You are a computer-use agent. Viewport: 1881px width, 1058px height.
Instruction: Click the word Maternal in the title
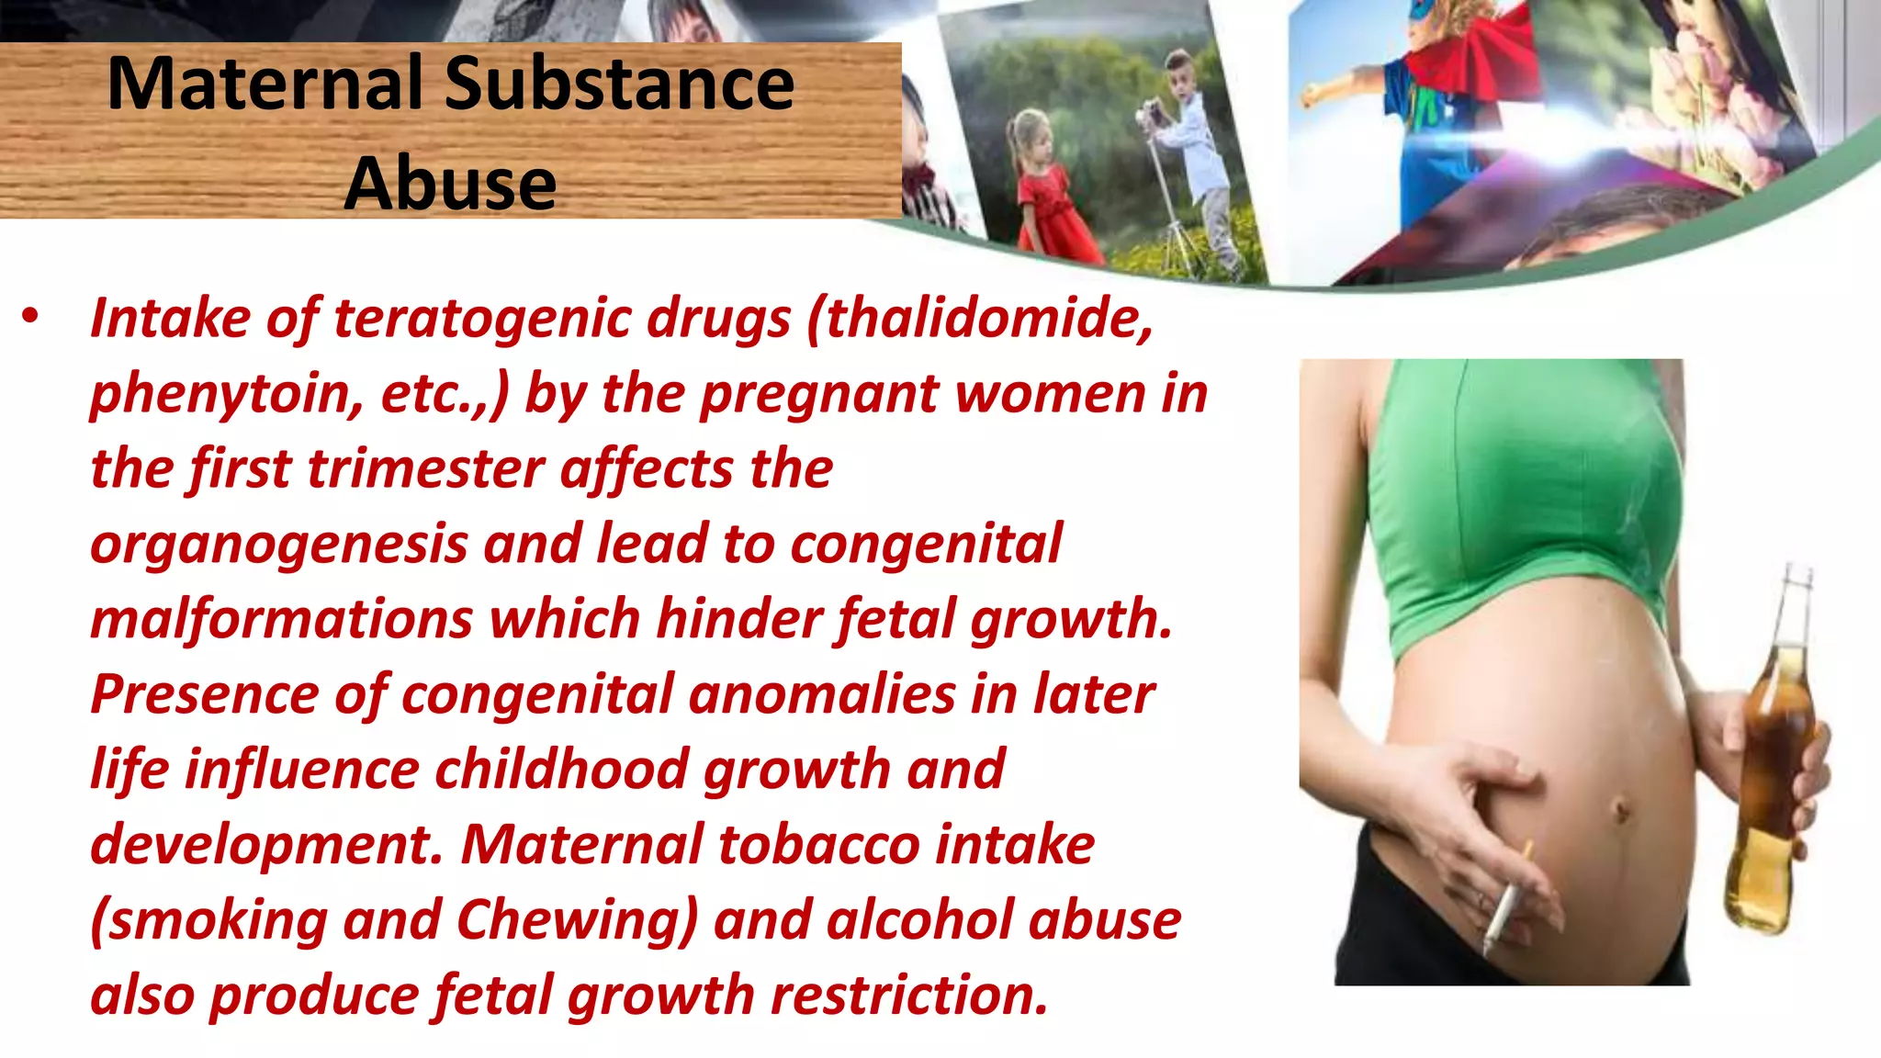click(x=266, y=84)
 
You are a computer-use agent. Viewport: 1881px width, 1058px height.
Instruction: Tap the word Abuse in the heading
click(x=450, y=184)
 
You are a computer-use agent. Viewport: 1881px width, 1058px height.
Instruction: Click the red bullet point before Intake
click(x=31, y=317)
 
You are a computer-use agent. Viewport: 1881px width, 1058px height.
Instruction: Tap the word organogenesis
click(x=279, y=545)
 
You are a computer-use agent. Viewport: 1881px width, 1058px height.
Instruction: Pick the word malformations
click(x=281, y=619)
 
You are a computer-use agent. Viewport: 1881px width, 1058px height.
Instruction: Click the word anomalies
click(x=822, y=694)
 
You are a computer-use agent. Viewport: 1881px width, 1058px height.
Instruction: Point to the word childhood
click(x=561, y=770)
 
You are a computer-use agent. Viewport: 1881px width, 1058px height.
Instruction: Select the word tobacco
click(x=818, y=845)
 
